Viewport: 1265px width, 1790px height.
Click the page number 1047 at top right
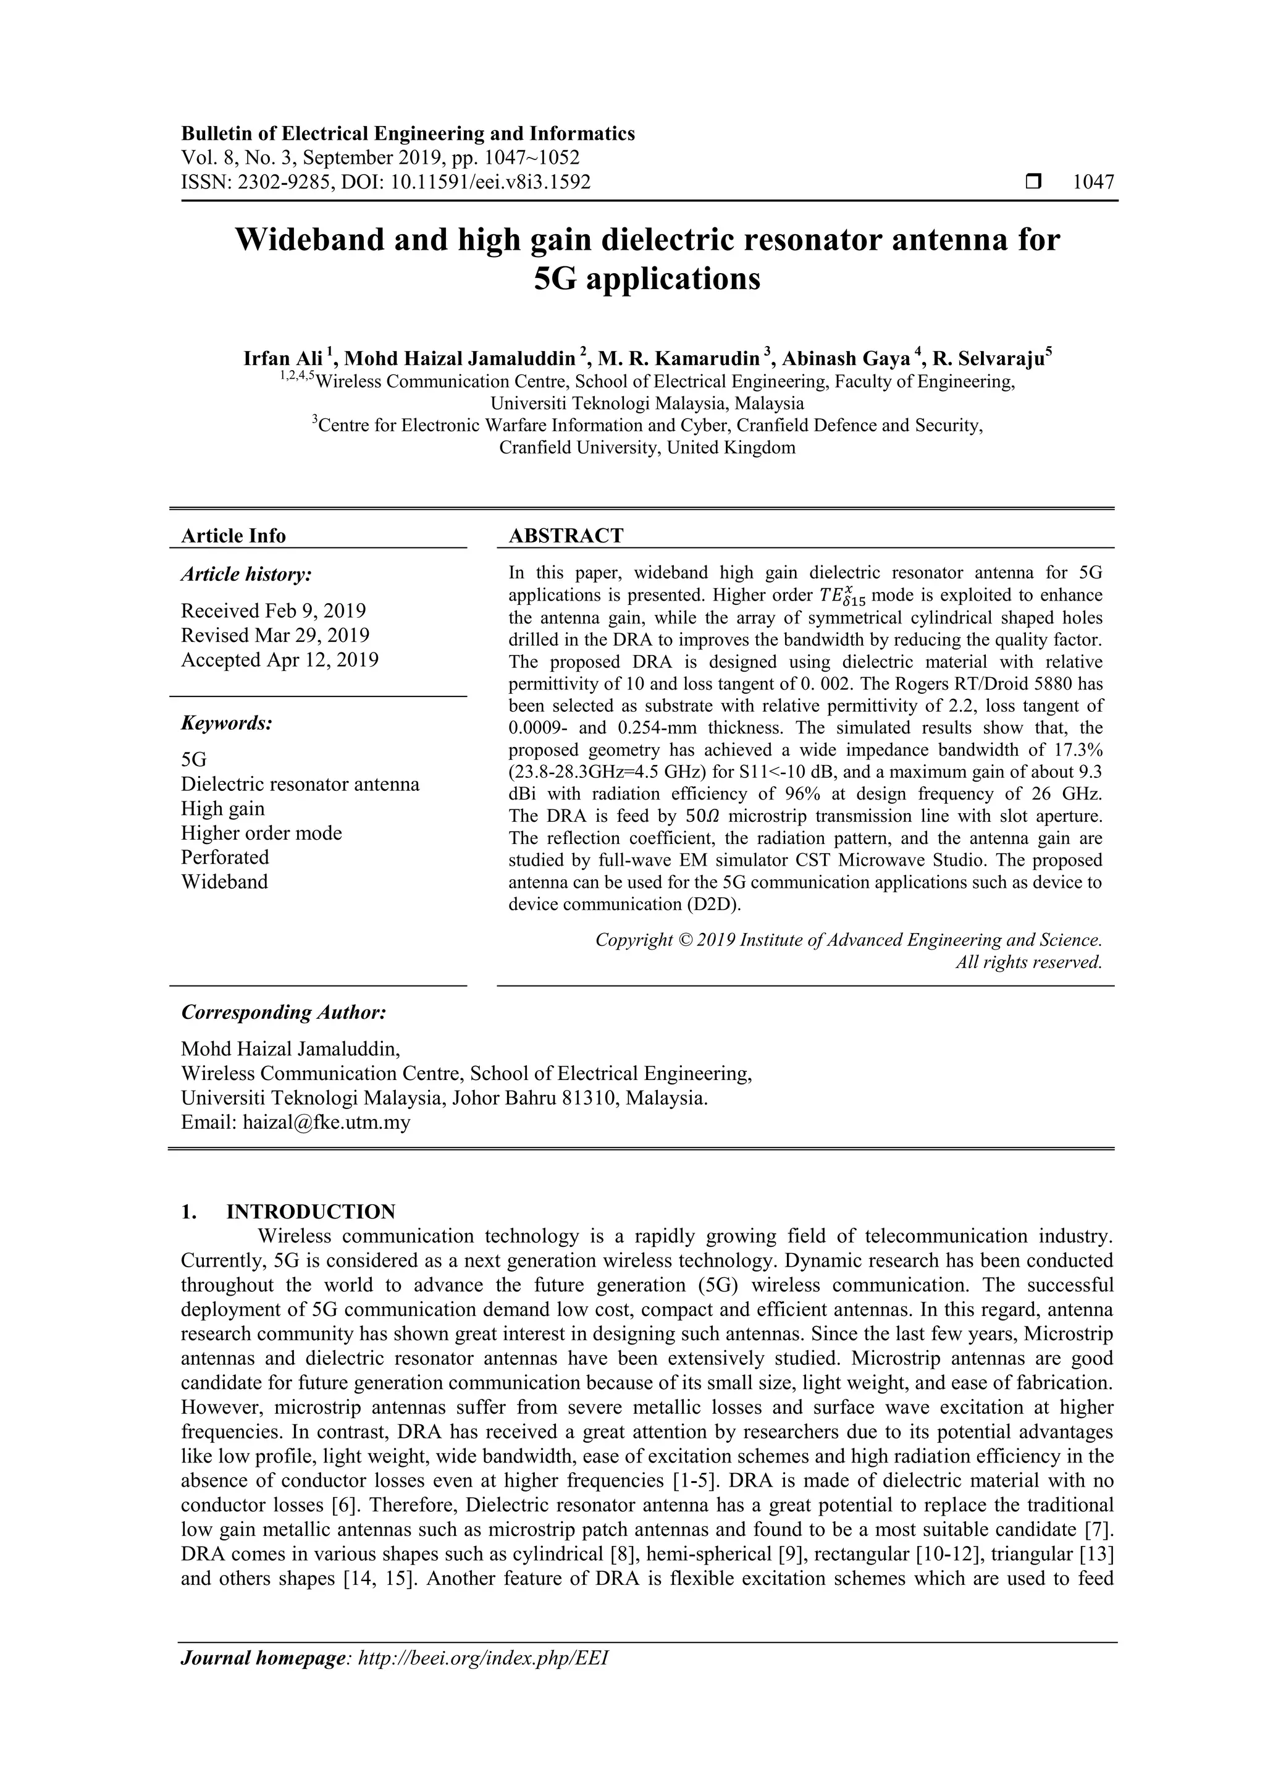(1093, 182)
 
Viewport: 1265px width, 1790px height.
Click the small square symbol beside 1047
(1033, 182)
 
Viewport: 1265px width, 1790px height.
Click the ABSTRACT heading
(566, 536)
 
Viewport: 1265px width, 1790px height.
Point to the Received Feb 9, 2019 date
(273, 610)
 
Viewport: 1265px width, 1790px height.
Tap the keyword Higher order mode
(261, 833)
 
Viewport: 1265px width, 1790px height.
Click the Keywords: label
(227, 723)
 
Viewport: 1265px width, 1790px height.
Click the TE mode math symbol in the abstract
(843, 596)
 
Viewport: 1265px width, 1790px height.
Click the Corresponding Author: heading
(284, 1012)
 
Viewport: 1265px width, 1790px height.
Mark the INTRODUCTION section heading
(310, 1212)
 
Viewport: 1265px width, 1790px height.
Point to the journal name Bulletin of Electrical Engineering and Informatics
(408, 133)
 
